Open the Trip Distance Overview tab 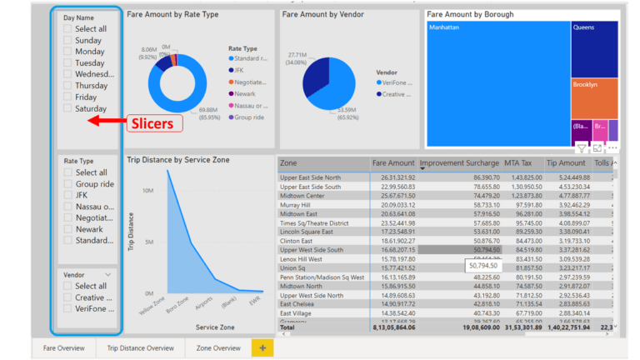point(140,347)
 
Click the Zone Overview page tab point(217,347)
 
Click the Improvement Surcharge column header point(459,163)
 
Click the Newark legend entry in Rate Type point(247,94)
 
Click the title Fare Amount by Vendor point(323,15)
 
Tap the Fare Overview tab point(64,347)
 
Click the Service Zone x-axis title point(215,328)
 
